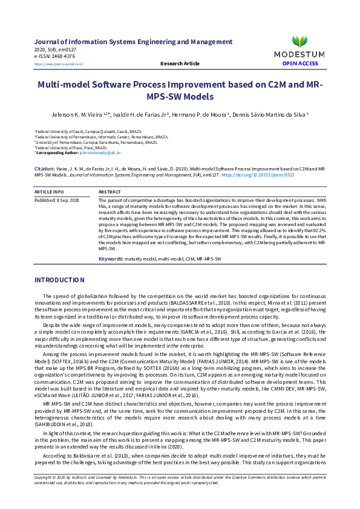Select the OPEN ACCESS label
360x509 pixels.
(299, 63)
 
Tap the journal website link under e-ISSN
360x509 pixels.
(59, 63)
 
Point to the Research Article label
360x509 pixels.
(180, 63)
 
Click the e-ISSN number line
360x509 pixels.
(55, 56)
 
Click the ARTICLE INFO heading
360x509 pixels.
(49, 192)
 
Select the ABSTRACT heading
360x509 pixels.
(110, 192)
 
